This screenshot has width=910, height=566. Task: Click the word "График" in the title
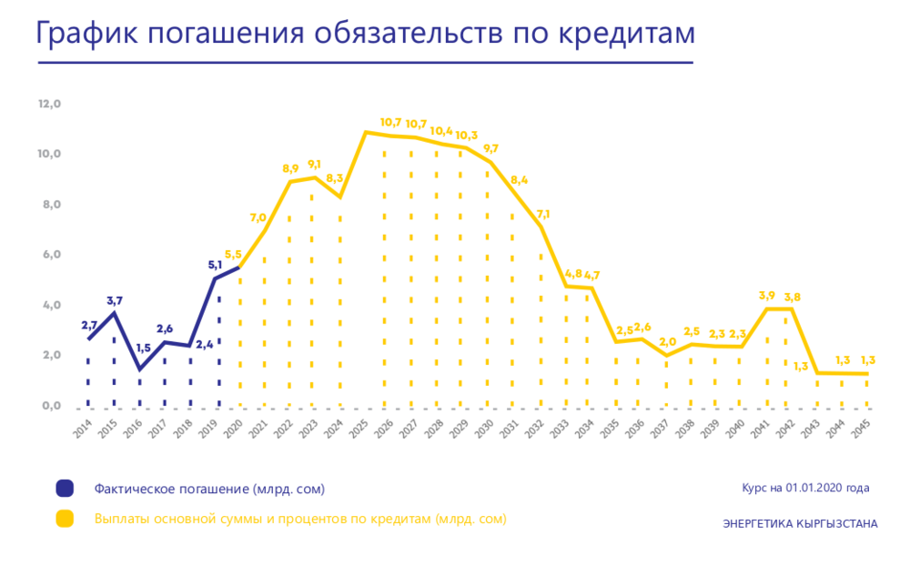(x=85, y=34)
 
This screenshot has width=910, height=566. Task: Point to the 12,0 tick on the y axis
(x=49, y=104)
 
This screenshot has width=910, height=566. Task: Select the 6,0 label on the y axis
(x=49, y=255)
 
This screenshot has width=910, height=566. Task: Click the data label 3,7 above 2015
(x=115, y=300)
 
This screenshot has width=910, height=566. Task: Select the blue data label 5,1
(x=216, y=266)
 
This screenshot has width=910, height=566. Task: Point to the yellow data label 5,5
(x=233, y=255)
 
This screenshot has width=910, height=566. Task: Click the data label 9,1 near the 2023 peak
(x=315, y=165)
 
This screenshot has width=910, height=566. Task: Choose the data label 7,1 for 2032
(x=543, y=214)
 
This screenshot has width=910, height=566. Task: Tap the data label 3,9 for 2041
(x=767, y=296)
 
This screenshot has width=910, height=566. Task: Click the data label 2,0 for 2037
(x=667, y=342)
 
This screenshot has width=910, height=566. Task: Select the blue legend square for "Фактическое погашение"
(x=65, y=489)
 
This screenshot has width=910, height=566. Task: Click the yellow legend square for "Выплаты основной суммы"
(x=65, y=520)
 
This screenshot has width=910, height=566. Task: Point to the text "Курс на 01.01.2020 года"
(x=805, y=488)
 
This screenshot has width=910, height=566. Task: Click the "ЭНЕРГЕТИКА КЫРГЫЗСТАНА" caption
(x=800, y=524)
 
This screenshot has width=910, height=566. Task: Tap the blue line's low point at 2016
(x=140, y=369)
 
